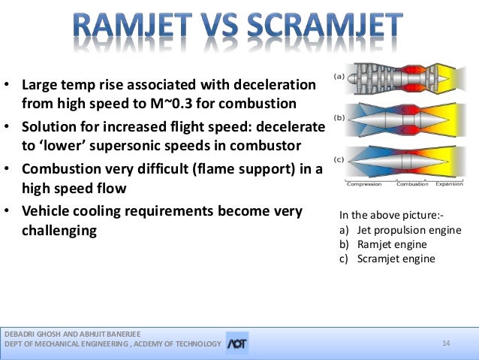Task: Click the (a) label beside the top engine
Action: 339,77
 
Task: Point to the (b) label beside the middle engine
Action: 339,118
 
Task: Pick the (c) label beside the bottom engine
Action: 339,159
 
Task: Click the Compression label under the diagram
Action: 364,184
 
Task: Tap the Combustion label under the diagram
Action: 412,184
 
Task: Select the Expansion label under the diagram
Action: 450,184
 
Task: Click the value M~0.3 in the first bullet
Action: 171,104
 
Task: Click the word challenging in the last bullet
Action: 59,231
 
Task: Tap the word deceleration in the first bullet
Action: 275,84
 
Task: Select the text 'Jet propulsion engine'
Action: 409,230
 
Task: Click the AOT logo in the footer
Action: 237,343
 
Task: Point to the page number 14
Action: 446,343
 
